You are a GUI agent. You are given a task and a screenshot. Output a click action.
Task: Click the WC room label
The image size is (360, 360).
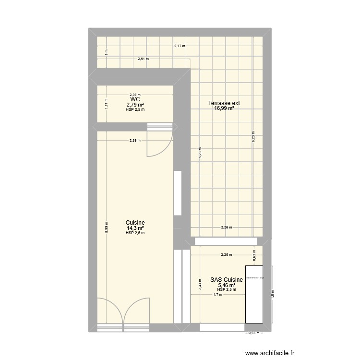135,99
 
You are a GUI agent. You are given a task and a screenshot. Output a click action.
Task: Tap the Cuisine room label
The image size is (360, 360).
135,223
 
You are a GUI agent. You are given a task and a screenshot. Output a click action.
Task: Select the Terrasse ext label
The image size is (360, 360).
224,103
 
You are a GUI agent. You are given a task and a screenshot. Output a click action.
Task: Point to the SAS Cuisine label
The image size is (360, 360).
226,279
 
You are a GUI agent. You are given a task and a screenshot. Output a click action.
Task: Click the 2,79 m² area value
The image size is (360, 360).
135,105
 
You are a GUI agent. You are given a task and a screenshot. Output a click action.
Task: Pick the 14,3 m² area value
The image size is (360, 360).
135,228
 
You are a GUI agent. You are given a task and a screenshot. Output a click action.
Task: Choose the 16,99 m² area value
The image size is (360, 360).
224,108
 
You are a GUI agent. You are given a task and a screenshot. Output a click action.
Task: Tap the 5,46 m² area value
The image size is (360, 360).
226,285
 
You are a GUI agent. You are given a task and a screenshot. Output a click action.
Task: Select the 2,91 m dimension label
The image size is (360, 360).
143,60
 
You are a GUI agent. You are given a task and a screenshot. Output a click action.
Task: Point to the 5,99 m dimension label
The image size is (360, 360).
106,226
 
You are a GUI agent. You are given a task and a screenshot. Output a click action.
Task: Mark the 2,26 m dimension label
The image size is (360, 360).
226,228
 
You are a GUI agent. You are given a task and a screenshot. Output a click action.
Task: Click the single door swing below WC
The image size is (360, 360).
158,144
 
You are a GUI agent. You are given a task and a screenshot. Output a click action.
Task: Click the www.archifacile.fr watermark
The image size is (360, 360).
269,353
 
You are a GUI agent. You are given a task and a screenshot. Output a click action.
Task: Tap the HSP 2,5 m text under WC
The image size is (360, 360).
135,109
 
